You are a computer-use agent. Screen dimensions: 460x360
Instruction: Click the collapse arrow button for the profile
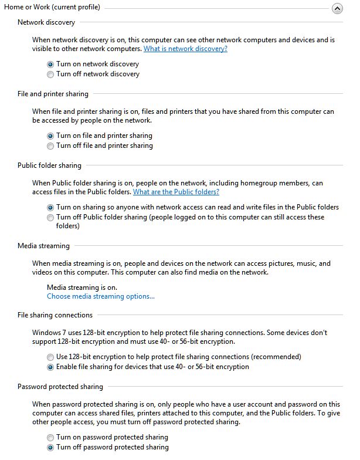point(337,9)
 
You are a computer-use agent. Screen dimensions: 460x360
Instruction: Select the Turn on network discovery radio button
point(50,64)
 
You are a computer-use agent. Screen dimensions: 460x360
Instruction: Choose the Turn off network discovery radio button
point(50,75)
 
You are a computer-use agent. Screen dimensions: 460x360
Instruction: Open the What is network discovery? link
point(185,49)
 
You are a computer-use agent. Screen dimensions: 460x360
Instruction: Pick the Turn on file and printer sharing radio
point(50,136)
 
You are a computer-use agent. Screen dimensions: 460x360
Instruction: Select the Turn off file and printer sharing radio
point(50,146)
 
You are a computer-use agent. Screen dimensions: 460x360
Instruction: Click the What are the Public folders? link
point(176,192)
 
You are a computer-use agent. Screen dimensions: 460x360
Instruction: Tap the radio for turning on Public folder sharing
point(50,207)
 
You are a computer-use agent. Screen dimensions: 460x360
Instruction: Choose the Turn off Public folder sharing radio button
point(50,218)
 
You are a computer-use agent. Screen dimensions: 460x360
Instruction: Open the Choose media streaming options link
point(101,296)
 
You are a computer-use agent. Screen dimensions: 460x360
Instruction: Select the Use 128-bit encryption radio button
point(50,357)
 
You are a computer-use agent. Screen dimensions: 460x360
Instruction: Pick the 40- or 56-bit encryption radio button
point(50,367)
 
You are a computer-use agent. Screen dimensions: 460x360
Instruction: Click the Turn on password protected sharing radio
point(50,437)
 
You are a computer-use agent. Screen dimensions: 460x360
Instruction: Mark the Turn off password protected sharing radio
point(50,448)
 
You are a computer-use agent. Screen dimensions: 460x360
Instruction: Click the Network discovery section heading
point(46,22)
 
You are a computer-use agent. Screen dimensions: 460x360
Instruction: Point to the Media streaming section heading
point(43,246)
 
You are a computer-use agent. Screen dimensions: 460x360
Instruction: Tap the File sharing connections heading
point(55,315)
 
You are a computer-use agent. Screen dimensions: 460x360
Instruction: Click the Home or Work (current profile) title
point(52,7)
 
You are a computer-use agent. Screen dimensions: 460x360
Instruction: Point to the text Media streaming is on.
point(82,287)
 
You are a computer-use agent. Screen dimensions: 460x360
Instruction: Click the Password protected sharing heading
point(60,387)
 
